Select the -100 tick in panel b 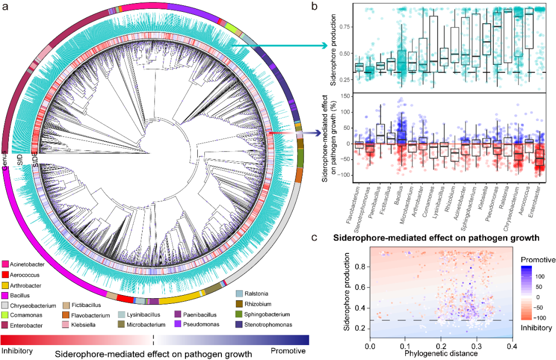[346, 176]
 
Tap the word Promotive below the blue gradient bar [289, 351]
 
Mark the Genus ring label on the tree [5, 156]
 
